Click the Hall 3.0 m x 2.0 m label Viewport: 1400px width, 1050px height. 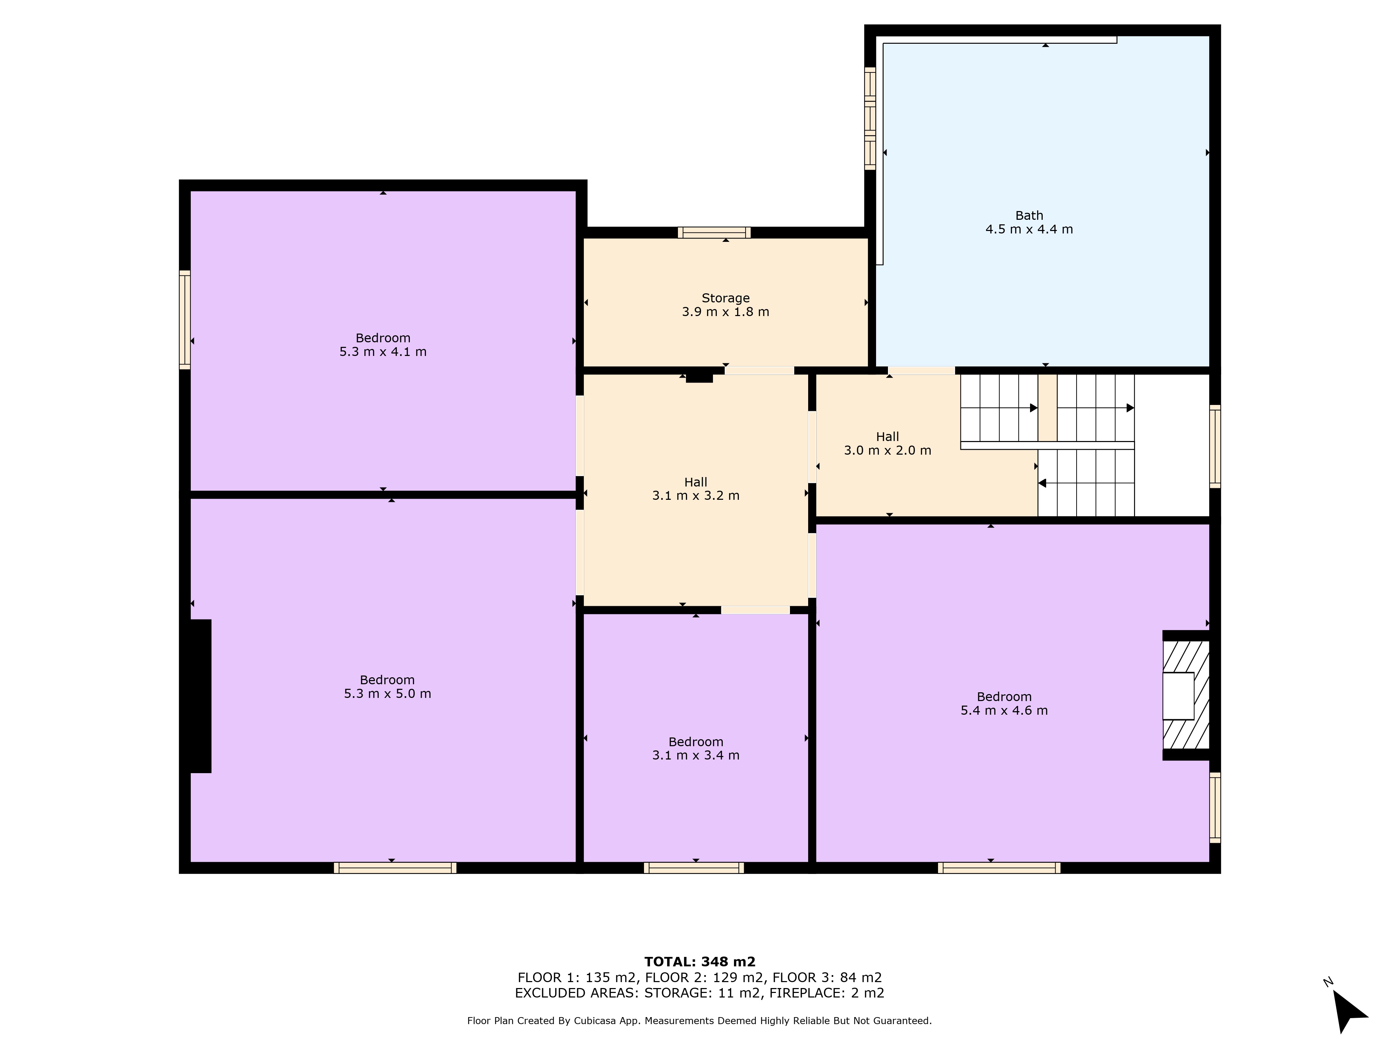[887, 443]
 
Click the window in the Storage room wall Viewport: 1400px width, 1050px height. [714, 232]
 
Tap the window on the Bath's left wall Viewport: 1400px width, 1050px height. [870, 118]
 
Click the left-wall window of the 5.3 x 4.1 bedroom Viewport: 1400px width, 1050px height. [185, 320]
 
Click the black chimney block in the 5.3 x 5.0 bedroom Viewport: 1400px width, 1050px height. [201, 696]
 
